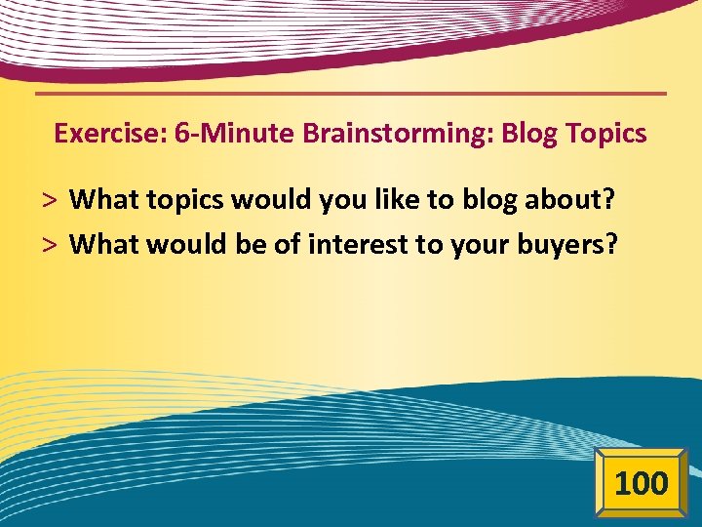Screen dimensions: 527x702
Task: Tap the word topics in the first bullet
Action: (185, 201)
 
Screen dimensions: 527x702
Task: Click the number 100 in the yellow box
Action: (642, 482)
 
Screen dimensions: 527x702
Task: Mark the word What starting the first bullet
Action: (105, 200)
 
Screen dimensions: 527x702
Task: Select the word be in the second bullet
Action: (252, 244)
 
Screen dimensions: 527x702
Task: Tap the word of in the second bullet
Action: (288, 244)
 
